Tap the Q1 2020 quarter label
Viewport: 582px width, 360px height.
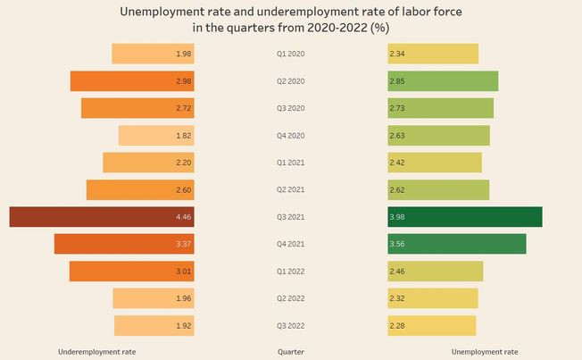point(290,54)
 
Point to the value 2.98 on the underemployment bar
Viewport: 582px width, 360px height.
point(184,81)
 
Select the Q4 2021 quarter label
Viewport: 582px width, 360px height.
point(290,244)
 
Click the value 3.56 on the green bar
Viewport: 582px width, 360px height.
point(398,244)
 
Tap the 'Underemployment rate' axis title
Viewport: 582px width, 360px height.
point(96,352)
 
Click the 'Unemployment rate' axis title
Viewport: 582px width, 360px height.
point(485,352)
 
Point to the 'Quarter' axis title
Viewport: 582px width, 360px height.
point(290,352)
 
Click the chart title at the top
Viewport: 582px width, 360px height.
point(290,19)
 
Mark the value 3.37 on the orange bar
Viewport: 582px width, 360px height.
point(184,244)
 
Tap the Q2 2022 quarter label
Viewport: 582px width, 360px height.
point(290,298)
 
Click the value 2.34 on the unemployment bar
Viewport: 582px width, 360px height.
point(398,54)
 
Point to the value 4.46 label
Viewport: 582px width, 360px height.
point(184,217)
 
